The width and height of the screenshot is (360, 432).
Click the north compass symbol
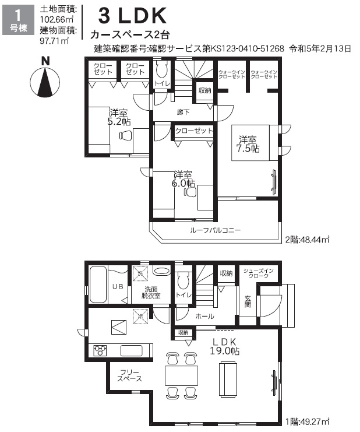tap(45, 78)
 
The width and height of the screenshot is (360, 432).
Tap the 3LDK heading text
tap(132, 16)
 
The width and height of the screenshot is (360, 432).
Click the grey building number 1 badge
tap(18, 20)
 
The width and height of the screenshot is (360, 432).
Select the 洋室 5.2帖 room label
tap(119, 117)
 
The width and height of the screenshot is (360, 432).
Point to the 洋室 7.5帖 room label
tap(248, 144)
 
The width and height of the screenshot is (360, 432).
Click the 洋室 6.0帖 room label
tap(183, 179)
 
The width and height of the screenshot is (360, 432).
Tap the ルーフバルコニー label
tap(215, 230)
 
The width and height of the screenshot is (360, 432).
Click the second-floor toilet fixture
tap(162, 69)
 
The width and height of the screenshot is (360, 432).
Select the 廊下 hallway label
tap(183, 112)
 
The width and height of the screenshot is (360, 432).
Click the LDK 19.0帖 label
tap(224, 347)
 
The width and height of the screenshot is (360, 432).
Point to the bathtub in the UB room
tap(98, 285)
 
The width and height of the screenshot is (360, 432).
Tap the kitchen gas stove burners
tap(100, 350)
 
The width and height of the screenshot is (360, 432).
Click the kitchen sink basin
tap(132, 350)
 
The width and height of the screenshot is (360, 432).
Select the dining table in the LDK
tap(182, 376)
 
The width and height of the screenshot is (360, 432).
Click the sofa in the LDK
tap(228, 379)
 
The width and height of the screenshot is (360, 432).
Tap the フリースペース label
tap(129, 375)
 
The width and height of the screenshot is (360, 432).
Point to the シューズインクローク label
tap(259, 273)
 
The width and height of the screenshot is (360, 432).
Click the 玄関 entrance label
tap(248, 301)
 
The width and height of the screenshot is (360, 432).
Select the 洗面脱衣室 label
tap(151, 292)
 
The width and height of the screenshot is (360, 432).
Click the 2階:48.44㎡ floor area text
tap(307, 240)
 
